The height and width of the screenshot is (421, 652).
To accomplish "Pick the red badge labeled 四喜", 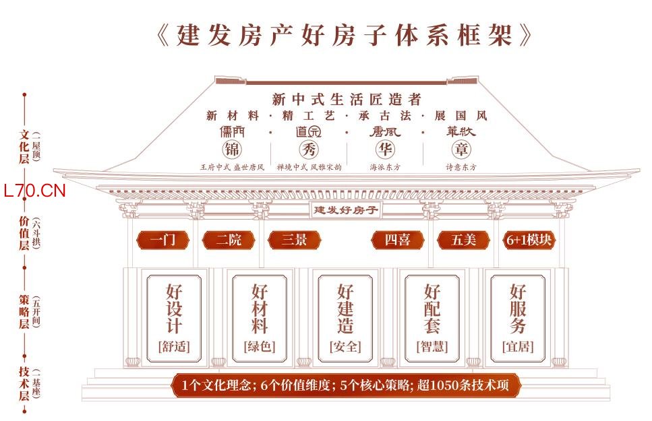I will pyautogui.click(x=397, y=239).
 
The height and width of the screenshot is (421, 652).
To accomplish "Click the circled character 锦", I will pyautogui.click(x=233, y=149).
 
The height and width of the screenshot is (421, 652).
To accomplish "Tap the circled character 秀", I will pyautogui.click(x=309, y=149).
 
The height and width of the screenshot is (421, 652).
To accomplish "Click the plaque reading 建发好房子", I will pyautogui.click(x=345, y=209).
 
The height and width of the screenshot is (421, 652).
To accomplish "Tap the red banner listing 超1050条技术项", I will pyautogui.click(x=345, y=386).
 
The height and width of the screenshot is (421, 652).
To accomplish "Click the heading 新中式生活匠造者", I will pyautogui.click(x=347, y=99).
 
